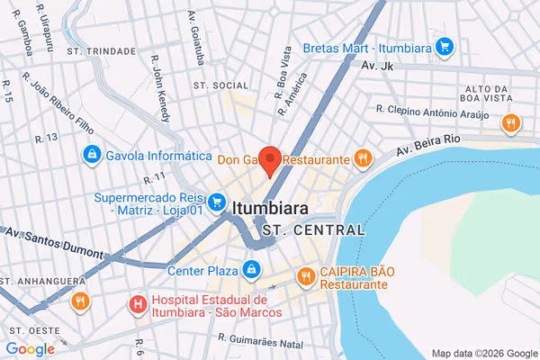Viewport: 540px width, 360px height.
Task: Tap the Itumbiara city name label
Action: [x=270, y=208]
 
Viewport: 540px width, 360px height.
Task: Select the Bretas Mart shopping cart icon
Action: [x=443, y=46]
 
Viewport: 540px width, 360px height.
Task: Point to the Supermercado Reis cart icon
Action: [x=216, y=202]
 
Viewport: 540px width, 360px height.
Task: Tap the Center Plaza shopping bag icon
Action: [x=251, y=268]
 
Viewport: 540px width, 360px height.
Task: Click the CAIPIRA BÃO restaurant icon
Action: [x=306, y=275]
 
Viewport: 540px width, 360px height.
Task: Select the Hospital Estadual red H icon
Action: [x=138, y=304]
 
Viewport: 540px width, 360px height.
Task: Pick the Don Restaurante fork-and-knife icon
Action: [x=362, y=159]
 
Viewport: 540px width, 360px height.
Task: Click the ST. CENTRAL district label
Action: [x=315, y=229]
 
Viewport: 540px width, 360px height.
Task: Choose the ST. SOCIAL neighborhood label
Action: [x=220, y=85]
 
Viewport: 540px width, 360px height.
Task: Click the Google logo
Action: [x=30, y=349]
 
